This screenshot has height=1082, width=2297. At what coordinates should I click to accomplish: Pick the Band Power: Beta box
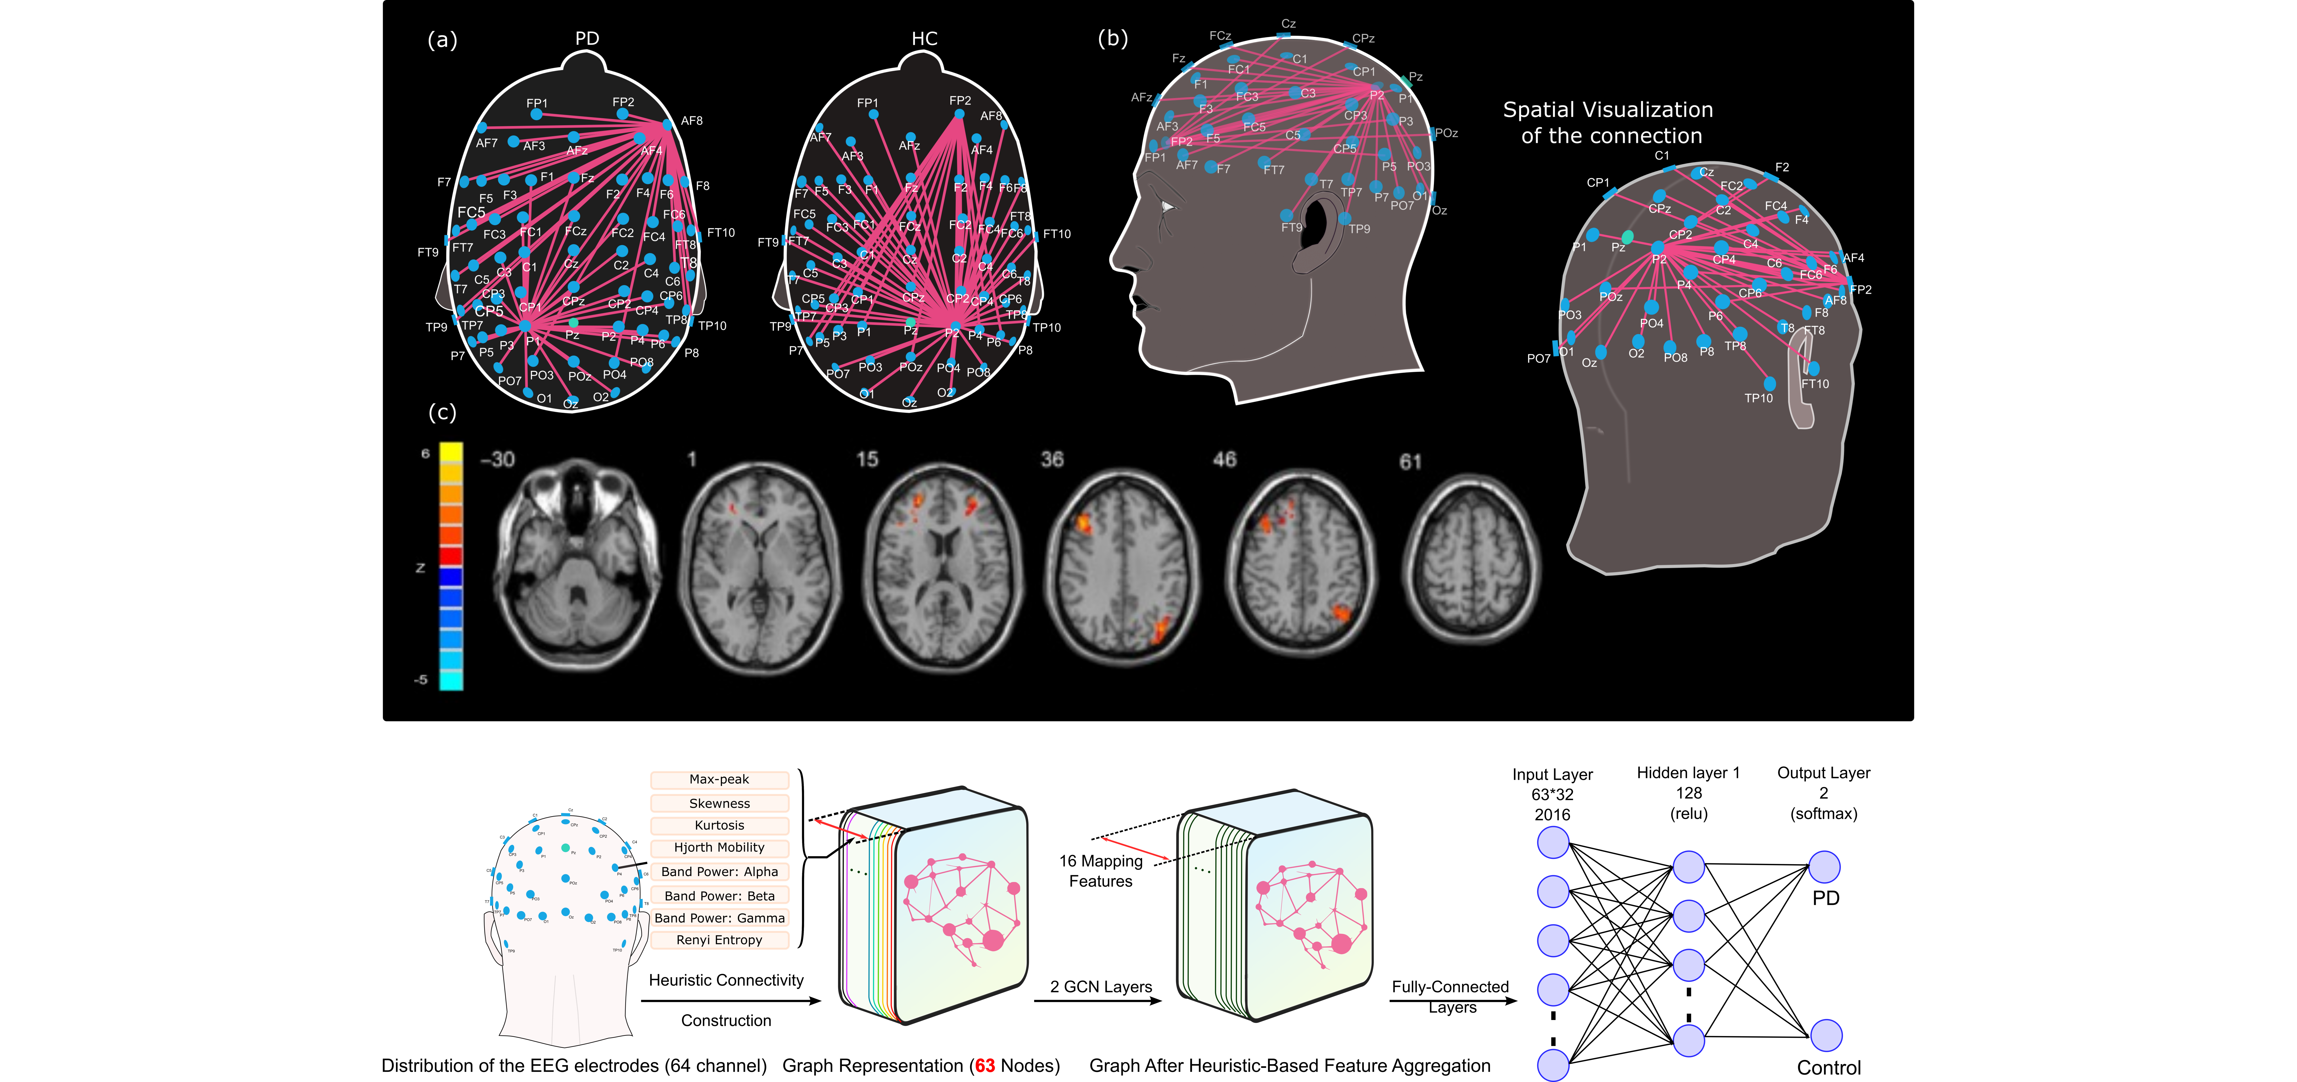pyautogui.click(x=719, y=896)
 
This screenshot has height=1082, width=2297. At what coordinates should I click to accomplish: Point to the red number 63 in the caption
pyautogui.click(x=984, y=1066)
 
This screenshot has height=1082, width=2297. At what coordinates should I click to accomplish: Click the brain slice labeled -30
pyautogui.click(x=578, y=565)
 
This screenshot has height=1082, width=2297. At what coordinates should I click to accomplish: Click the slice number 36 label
pyautogui.click(x=1052, y=459)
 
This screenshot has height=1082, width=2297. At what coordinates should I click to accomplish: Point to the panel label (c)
pyautogui.click(x=442, y=412)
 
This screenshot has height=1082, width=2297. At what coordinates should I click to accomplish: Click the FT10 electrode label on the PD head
pyautogui.click(x=720, y=233)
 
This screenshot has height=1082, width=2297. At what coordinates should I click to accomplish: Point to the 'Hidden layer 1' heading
pyautogui.click(x=1688, y=773)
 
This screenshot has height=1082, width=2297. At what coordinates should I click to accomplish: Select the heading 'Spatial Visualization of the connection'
pyautogui.click(x=1609, y=122)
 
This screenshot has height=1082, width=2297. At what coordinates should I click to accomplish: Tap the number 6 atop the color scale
pyautogui.click(x=425, y=453)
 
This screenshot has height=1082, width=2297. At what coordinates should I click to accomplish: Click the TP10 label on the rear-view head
pyautogui.click(x=1758, y=398)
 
